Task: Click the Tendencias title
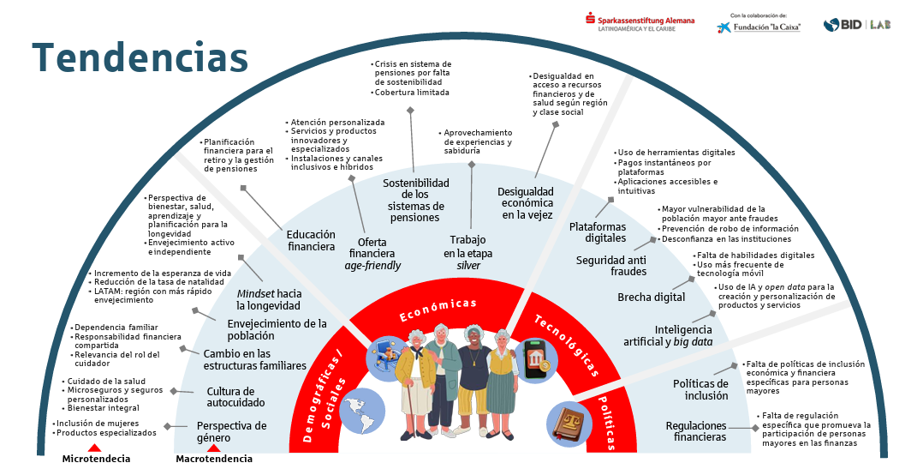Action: [140, 58]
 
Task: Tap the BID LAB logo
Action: [856, 25]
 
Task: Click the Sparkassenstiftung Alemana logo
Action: [640, 23]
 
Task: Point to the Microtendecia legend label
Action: [96, 459]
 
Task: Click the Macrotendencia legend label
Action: [214, 459]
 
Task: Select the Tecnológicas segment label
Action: [566, 346]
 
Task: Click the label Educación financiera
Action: [311, 240]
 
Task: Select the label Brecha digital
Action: [651, 298]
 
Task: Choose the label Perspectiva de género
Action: [231, 431]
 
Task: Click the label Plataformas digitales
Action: [598, 232]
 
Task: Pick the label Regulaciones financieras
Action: [696, 431]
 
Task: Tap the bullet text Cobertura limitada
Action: [414, 92]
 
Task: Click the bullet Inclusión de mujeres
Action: [93, 423]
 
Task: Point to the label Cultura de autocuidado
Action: [235, 397]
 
